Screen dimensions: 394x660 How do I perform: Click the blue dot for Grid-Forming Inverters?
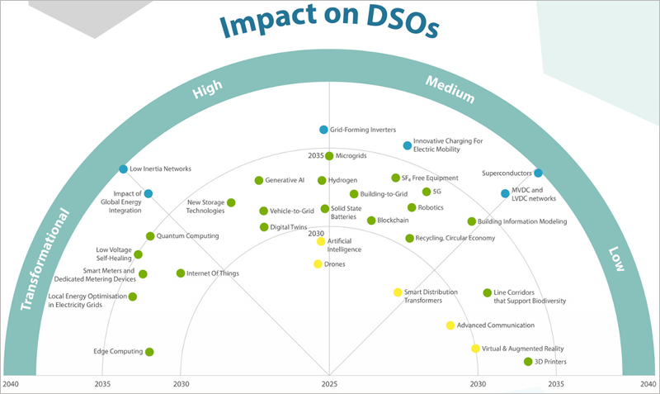click(324, 130)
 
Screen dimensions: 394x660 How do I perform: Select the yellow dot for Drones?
click(318, 264)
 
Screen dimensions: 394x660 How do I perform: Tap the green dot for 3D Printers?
click(528, 361)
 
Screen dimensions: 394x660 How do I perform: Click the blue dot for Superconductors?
click(538, 173)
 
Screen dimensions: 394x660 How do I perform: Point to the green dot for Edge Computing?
click(149, 352)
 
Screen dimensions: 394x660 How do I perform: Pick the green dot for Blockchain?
click(371, 221)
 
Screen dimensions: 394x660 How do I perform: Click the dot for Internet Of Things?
click(181, 273)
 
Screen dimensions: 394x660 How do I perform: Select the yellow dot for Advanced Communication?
click(450, 325)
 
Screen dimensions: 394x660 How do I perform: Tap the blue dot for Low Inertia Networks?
click(123, 169)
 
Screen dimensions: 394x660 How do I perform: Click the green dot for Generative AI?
click(258, 180)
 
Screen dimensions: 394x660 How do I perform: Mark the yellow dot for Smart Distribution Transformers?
click(398, 292)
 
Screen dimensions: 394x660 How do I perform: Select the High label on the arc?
click(207, 91)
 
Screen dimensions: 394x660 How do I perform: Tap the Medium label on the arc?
click(450, 89)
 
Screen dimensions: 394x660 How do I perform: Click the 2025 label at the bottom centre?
click(329, 384)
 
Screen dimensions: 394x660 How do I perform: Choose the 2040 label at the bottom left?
click(11, 384)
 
